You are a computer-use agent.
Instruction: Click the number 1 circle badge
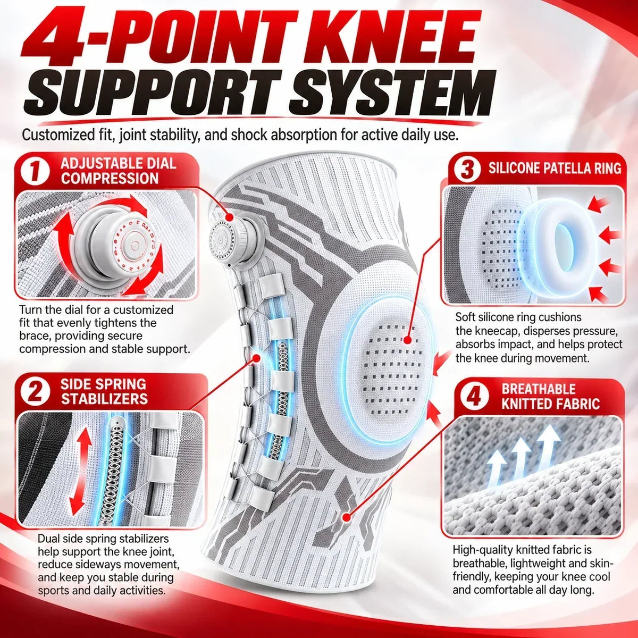pyautogui.click(x=35, y=171)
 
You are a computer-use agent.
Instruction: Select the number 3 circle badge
pyautogui.click(x=467, y=169)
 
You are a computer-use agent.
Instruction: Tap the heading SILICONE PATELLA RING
pyautogui.click(x=555, y=169)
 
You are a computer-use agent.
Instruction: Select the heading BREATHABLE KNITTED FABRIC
pyautogui.click(x=551, y=396)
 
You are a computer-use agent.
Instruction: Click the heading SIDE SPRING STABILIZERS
pyautogui.click(x=104, y=392)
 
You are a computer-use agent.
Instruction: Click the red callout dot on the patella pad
pyautogui.click(x=408, y=340)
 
